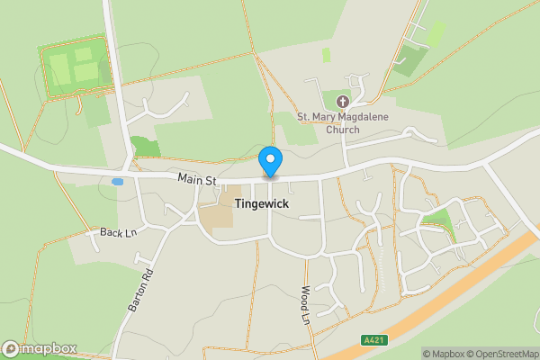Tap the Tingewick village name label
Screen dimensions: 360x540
coord(261,204)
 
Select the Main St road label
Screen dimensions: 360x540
coord(198,181)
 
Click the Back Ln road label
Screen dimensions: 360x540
coord(118,233)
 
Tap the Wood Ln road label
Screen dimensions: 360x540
coord(306,305)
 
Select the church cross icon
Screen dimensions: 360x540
coord(342,102)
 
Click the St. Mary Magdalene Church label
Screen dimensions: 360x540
coord(342,122)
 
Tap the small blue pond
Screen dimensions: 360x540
coord(118,182)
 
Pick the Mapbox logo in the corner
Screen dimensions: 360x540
coord(40,348)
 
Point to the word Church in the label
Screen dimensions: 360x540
coord(342,130)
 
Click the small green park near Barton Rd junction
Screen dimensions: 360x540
coord(145,146)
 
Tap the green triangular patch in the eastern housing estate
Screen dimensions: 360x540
coord(439,221)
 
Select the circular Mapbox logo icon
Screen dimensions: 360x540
coord(11,348)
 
